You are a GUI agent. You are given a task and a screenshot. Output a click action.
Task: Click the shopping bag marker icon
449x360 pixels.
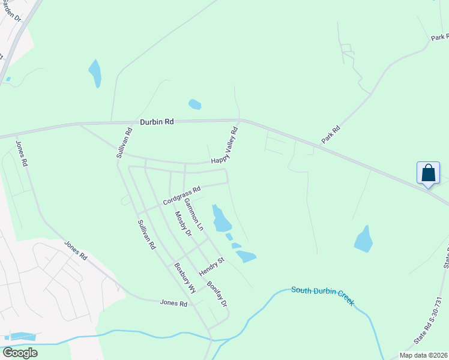(x=429, y=173)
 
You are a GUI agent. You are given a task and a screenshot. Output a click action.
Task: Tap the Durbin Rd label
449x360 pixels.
(x=157, y=121)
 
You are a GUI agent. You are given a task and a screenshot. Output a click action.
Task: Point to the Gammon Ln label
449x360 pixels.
(x=194, y=214)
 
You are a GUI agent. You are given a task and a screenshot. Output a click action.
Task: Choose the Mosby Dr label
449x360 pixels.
(x=182, y=223)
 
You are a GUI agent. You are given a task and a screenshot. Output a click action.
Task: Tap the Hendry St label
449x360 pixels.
(x=212, y=263)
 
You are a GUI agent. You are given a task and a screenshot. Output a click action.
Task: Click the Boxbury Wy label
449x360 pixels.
(x=185, y=278)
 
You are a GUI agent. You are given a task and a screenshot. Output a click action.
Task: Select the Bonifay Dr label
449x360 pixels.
(x=217, y=294)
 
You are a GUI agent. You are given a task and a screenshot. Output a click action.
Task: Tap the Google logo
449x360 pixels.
(x=20, y=353)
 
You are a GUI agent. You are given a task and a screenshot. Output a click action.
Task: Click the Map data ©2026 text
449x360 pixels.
(x=423, y=355)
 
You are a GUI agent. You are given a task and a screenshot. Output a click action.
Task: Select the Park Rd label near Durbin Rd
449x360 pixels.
(x=331, y=134)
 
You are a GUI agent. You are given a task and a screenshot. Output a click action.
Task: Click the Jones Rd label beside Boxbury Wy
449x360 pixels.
(x=174, y=304)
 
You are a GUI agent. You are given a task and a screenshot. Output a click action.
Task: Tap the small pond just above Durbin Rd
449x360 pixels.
(x=194, y=104)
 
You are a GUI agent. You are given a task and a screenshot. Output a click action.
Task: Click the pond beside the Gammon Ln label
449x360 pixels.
(x=220, y=219)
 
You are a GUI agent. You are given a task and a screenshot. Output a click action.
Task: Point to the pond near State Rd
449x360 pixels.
(x=364, y=239)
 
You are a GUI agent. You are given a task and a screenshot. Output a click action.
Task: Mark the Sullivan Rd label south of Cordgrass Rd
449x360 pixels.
(x=146, y=235)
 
